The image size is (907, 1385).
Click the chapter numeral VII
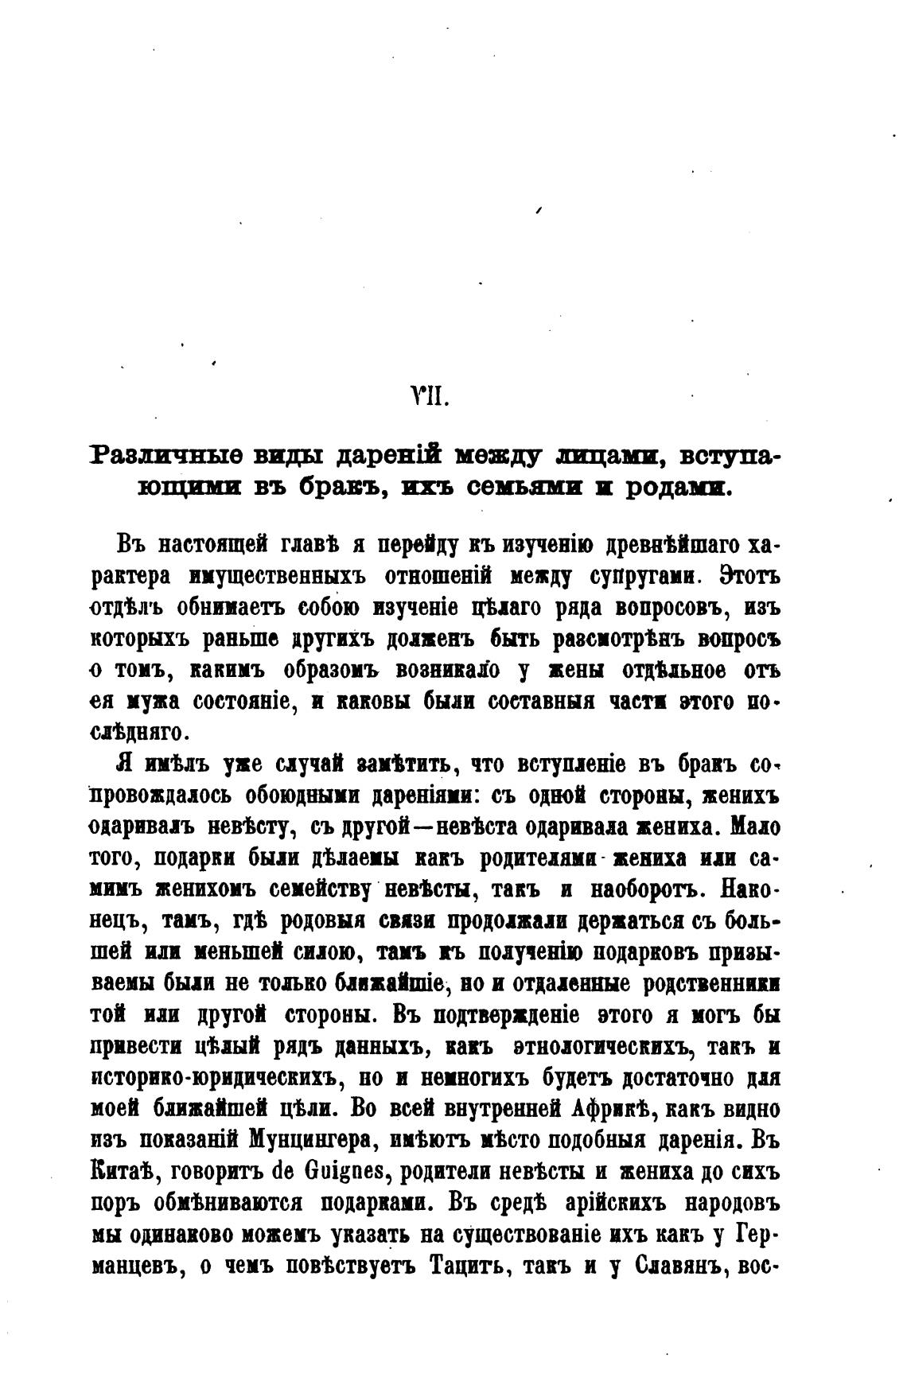[430, 395]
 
